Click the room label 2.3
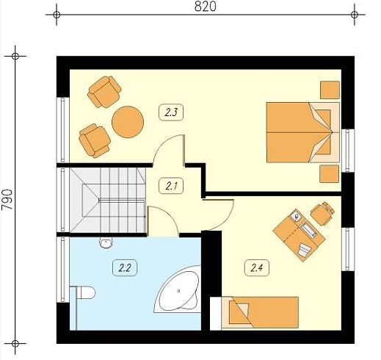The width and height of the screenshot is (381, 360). (171, 112)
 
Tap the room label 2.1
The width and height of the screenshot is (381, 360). (171, 186)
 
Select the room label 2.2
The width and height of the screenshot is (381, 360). (125, 268)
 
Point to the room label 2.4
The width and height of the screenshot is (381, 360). (257, 268)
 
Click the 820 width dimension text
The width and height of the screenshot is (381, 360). (206, 7)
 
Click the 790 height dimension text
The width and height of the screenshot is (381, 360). (7, 199)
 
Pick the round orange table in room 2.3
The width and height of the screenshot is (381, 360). (128, 122)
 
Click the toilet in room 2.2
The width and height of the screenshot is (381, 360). (84, 292)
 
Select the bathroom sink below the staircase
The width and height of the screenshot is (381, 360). (106, 242)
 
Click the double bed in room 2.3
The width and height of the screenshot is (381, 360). (303, 132)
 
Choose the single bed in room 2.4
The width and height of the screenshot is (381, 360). (260, 312)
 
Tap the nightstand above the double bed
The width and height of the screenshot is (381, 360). (330, 90)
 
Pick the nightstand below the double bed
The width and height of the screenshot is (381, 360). (330, 173)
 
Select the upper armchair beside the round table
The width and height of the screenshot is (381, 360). (104, 92)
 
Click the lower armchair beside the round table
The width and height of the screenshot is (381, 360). (95, 140)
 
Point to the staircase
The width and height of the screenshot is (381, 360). (108, 200)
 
